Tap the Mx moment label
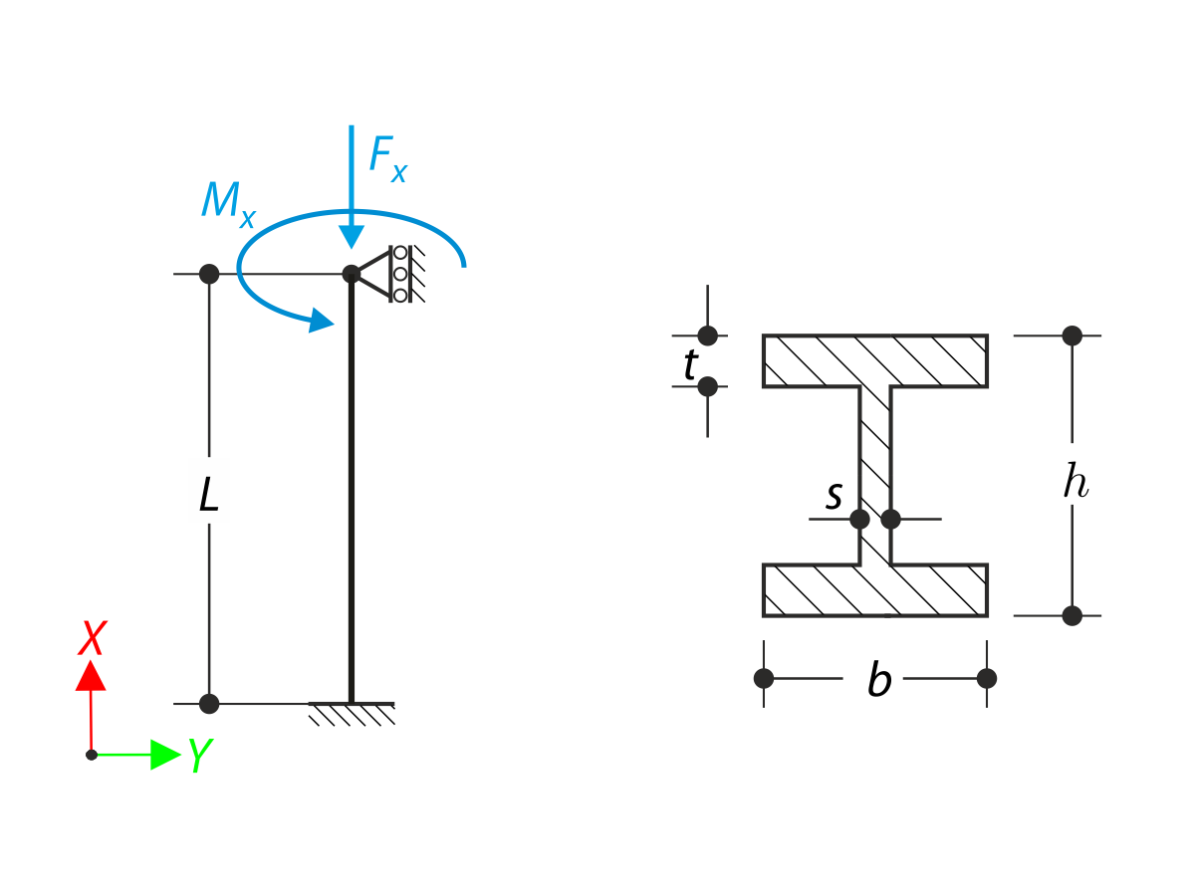pos(226,203)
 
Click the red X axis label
pos(93,638)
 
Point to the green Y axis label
pos(198,757)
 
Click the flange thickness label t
pos(689,366)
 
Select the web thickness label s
pos(835,495)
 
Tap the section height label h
pos(1075,483)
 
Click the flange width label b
pos(877,682)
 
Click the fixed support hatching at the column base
pos(352,713)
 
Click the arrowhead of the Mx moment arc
pos(320,320)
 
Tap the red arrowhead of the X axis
pos(91,675)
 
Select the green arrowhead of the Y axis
pos(164,755)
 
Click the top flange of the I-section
pos(875,360)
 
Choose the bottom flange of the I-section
pos(875,590)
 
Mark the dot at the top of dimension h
pos(1072,336)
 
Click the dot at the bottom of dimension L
pos(209,704)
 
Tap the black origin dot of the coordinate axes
pos(92,755)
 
